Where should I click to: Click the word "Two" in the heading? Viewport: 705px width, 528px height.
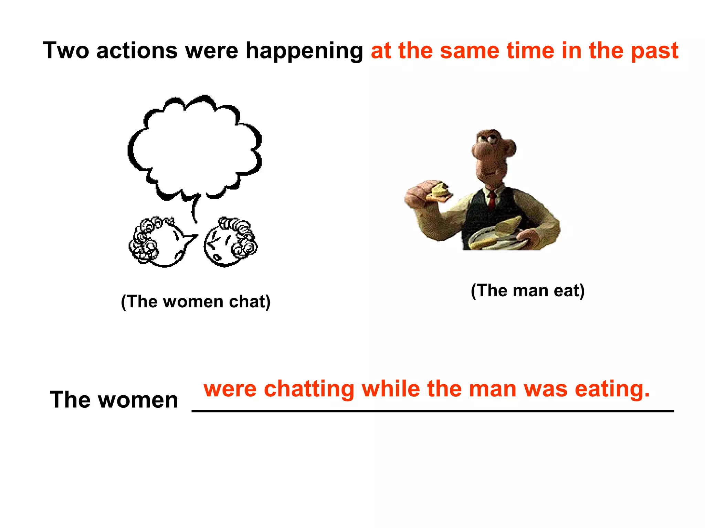coord(65,51)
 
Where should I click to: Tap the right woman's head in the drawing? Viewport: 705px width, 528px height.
coord(229,243)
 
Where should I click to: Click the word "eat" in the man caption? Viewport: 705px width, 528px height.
coord(568,291)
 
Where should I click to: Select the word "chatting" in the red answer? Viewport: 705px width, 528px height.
coord(309,390)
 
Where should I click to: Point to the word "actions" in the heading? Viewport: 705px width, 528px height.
coord(137,51)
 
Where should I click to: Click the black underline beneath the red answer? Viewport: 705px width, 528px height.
coord(432,411)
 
